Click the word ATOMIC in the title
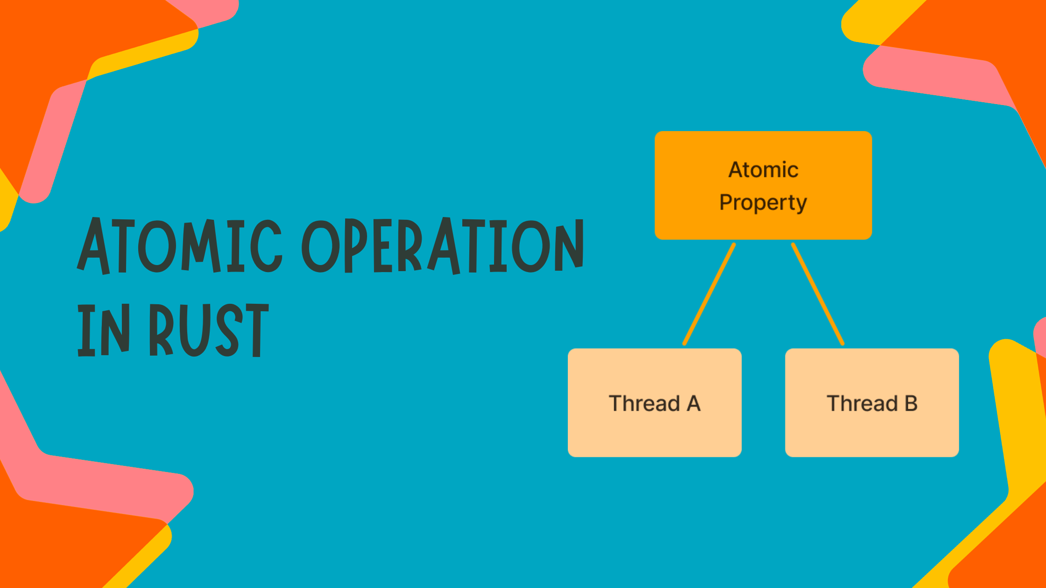[180, 246]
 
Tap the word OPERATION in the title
[443, 246]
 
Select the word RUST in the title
[209, 330]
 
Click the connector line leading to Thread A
[709, 294]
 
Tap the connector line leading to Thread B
[818, 294]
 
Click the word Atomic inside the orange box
[763, 170]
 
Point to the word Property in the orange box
[763, 203]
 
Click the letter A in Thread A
[693, 404]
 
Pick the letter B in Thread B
[911, 404]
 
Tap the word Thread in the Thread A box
[644, 404]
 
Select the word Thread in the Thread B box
[862, 404]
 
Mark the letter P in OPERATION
[358, 246]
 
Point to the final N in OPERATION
[569, 246]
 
